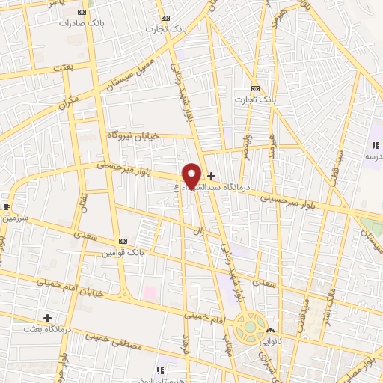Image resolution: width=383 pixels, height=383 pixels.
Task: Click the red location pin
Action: (x=191, y=174)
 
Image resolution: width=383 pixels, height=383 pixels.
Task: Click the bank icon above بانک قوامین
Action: (x=123, y=241)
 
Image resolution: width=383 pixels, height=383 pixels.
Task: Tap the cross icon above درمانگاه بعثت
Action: (x=47, y=318)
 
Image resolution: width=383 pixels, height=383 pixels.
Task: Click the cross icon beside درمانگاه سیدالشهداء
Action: (x=212, y=176)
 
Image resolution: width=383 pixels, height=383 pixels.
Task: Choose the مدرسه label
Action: (x=373, y=156)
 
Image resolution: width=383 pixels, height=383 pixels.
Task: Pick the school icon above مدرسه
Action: (x=374, y=145)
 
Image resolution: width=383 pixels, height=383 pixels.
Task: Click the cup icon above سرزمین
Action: (x=7, y=206)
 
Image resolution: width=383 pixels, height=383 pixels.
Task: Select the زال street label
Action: (x=200, y=231)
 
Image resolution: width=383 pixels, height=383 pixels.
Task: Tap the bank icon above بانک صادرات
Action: (x=81, y=12)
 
